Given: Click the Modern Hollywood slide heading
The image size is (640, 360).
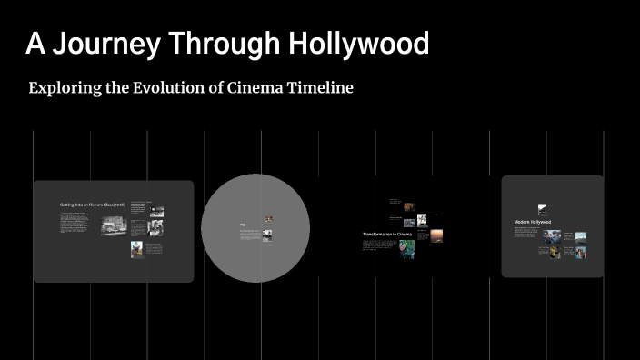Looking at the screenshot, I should click(533, 222).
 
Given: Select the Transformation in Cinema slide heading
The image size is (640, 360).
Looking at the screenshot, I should click(388, 235).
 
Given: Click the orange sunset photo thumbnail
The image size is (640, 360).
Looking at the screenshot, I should click(436, 235).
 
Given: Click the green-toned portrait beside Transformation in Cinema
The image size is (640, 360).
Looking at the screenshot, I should click(406, 249).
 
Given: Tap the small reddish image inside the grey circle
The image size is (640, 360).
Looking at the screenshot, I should click(269, 218).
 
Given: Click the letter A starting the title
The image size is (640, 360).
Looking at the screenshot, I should click(34, 44).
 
